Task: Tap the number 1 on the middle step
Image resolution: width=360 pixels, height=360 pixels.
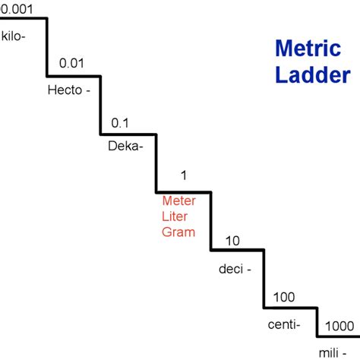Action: point(183,176)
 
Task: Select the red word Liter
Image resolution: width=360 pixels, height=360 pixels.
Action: point(176,217)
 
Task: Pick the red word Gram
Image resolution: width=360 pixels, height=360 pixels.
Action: point(178,232)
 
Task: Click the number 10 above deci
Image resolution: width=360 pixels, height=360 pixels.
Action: point(233,241)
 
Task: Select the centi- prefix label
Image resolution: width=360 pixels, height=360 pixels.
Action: point(284,324)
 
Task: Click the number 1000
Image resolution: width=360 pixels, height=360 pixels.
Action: point(338,326)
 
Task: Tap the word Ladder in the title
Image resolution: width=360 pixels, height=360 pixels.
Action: point(312,75)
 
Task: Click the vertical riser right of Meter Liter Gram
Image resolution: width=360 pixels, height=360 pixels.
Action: point(210,219)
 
